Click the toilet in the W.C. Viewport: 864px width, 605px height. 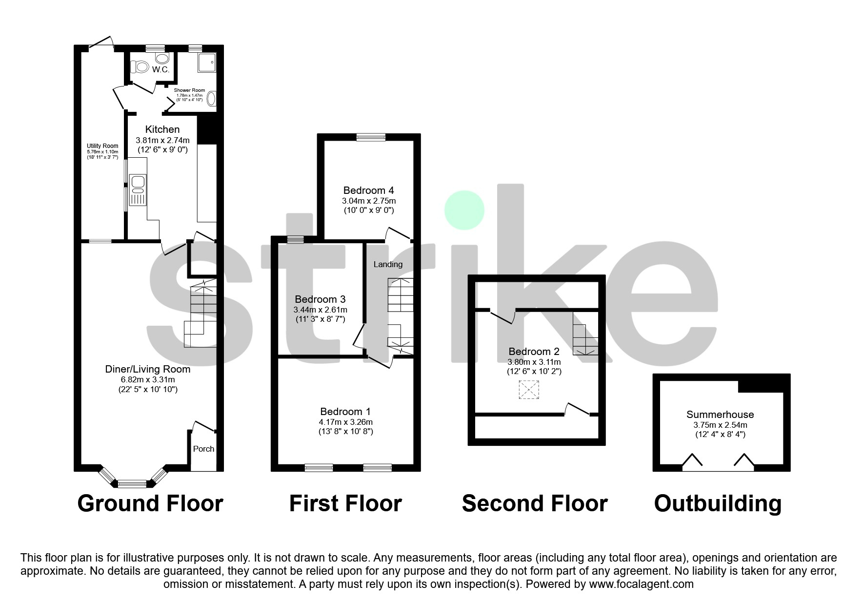(141, 66)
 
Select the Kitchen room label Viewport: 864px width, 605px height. (162, 129)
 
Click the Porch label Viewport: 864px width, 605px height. (203, 449)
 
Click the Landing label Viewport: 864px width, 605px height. (388, 264)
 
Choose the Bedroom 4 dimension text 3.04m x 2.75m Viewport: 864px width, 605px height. (369, 201)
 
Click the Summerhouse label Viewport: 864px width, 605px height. (720, 415)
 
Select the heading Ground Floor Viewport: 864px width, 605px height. (150, 503)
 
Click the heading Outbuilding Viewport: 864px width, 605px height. (718, 503)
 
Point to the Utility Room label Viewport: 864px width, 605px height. (102, 146)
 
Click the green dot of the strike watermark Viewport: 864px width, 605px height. (464, 210)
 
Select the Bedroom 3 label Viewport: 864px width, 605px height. (320, 299)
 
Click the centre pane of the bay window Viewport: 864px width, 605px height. (133, 484)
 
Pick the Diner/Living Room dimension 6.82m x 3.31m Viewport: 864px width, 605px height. (148, 379)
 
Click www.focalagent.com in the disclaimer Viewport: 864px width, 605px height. (641, 584)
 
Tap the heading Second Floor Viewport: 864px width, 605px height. (534, 503)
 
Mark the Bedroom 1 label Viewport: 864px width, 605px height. (345, 412)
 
